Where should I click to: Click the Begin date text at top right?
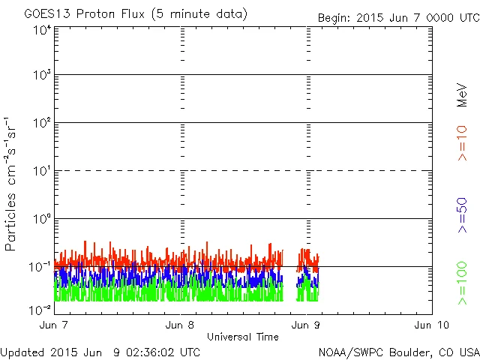[397, 16]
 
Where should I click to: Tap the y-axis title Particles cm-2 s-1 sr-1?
[13, 184]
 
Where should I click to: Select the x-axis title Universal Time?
[242, 337]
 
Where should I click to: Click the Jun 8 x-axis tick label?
[181, 325]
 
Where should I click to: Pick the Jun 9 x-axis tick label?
[307, 325]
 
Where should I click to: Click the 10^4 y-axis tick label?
[41, 31]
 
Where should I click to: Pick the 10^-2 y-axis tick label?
[40, 307]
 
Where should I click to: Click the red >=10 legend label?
[462, 142]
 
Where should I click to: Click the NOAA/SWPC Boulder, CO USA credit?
[398, 352]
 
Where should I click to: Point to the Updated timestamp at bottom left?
[101, 352]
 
